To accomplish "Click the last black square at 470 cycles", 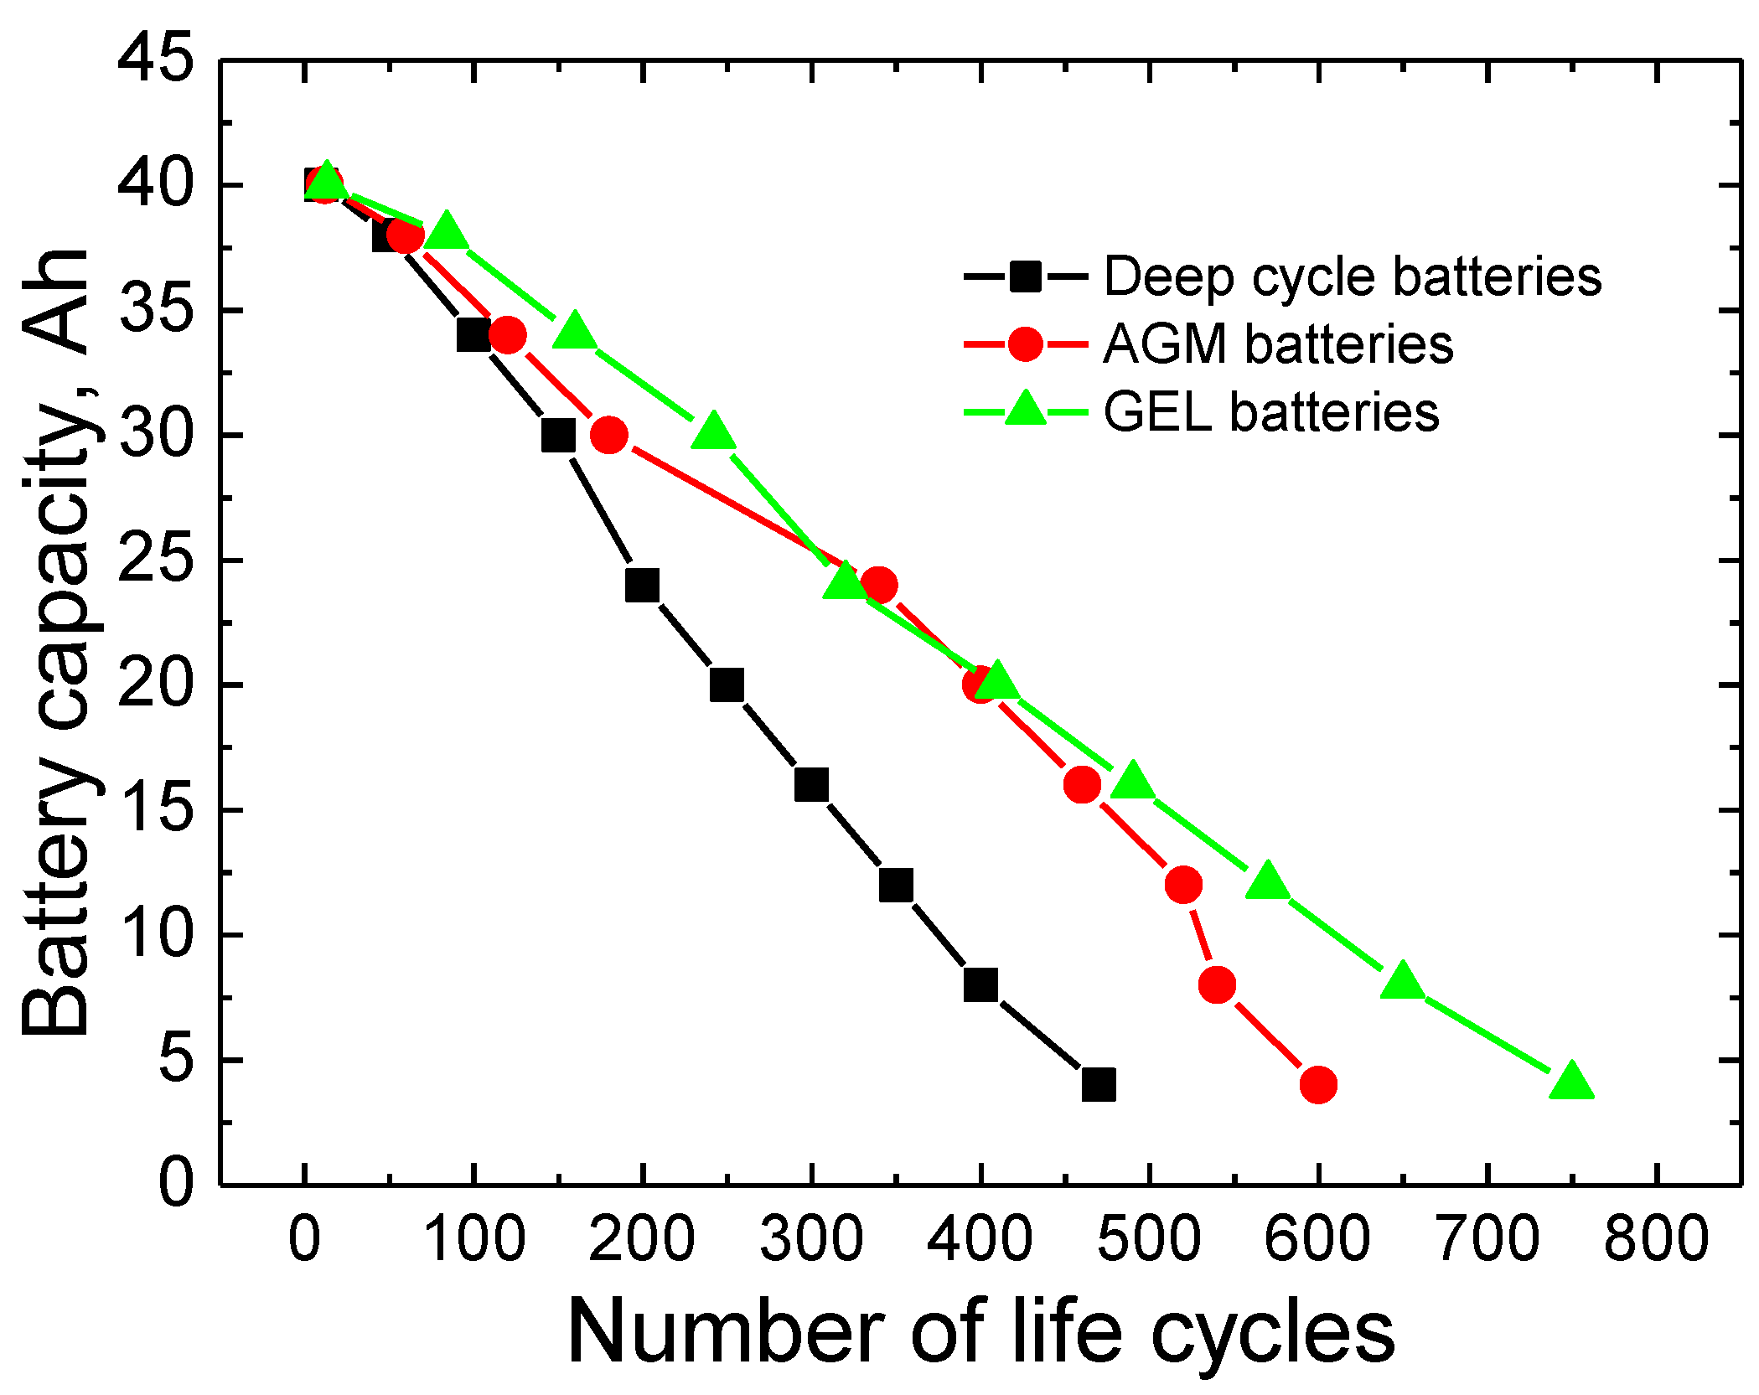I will (x=1099, y=1085).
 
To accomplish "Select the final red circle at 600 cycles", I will (x=1318, y=1085).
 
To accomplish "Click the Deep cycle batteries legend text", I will (x=1352, y=276).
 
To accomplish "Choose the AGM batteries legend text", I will (x=1278, y=344).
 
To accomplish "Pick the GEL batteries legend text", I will (x=1271, y=412).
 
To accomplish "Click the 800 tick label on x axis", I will (x=1656, y=1238).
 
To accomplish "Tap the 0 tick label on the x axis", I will (x=304, y=1238).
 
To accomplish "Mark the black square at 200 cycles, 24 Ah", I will (x=642, y=585).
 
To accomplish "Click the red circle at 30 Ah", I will (x=608, y=435).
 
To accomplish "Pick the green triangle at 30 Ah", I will (x=713, y=432).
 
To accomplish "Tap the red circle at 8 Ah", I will (x=1217, y=984).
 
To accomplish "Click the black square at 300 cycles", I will (x=811, y=785).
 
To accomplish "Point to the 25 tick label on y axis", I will (x=156, y=559).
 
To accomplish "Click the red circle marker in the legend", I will (x=1025, y=344).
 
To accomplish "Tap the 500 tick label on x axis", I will (x=1149, y=1238).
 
